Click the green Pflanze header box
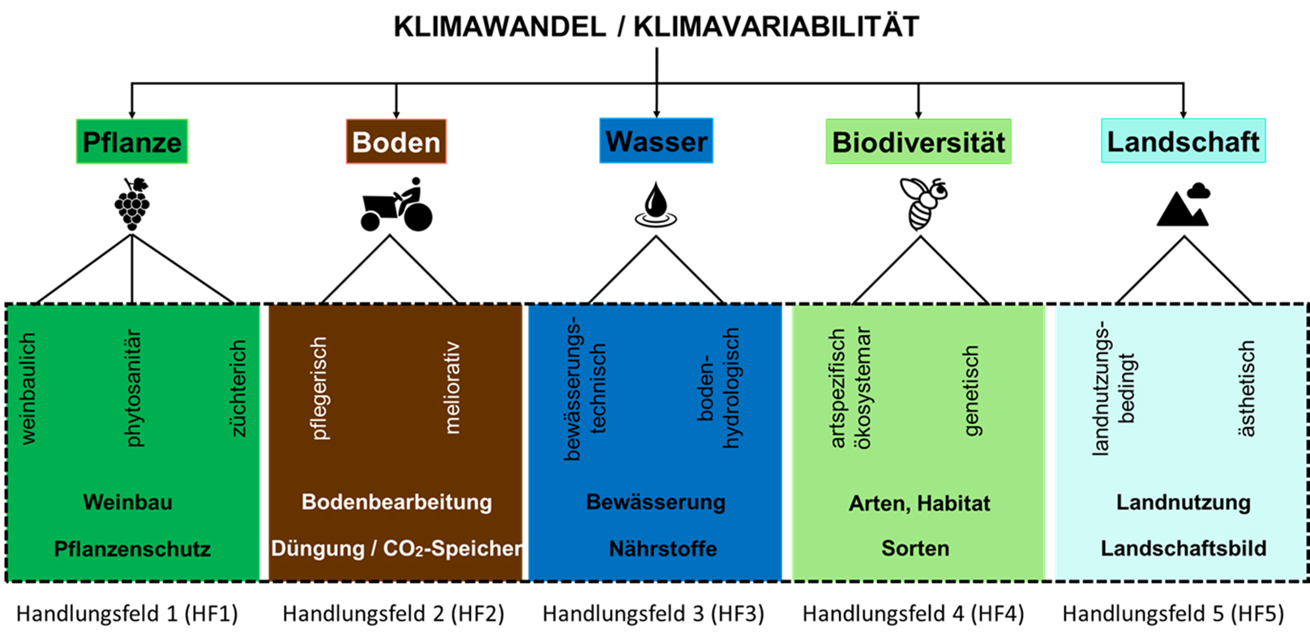tap(132, 142)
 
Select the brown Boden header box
tap(396, 142)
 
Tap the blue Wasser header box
tap(656, 141)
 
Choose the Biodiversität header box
tap(918, 142)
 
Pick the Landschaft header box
tap(1183, 141)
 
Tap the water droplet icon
tap(656, 204)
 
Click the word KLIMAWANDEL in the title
tap(499, 27)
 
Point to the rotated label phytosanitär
tap(133, 388)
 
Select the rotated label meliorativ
tap(452, 388)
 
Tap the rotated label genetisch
tap(970, 391)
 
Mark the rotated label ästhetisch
tap(1246, 388)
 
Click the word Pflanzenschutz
tap(132, 549)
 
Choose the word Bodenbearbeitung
tap(396, 502)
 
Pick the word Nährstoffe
tap(662, 549)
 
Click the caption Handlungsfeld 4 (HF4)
tap(913, 614)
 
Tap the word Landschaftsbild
tap(1183, 548)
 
